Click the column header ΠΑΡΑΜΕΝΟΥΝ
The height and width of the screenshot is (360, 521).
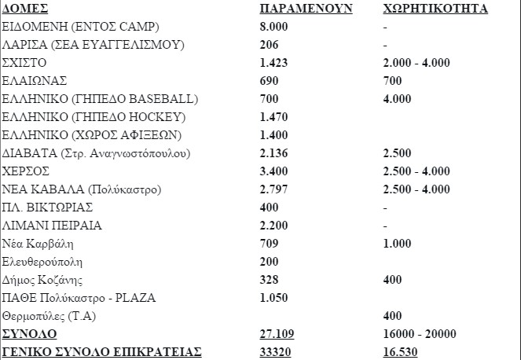click(x=306, y=9)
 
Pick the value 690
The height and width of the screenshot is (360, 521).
click(x=270, y=82)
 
